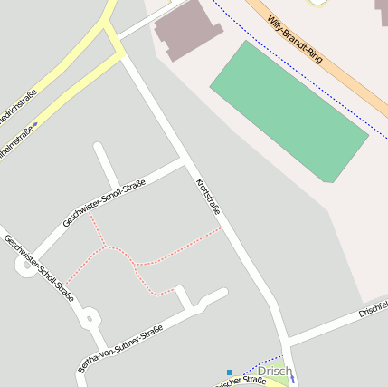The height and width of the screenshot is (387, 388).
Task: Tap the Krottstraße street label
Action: [x=209, y=202]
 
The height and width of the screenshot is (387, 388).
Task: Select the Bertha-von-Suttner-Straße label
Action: [x=119, y=349]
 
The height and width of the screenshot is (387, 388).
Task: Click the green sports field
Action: [x=289, y=110]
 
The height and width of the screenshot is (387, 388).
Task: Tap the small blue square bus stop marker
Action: [x=230, y=372]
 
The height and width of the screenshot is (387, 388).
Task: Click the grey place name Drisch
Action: [x=274, y=372]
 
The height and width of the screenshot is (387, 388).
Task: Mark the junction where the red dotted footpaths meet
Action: [x=108, y=246]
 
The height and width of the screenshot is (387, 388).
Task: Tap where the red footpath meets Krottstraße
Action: [x=222, y=228]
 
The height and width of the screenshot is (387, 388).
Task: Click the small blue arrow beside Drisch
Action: [x=291, y=376]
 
